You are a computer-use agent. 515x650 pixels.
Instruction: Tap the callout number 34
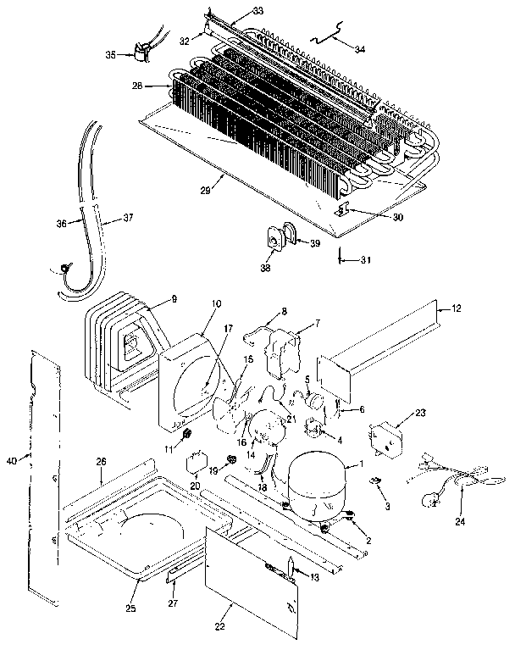360,48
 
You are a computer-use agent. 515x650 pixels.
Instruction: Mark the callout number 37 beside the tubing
128,218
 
